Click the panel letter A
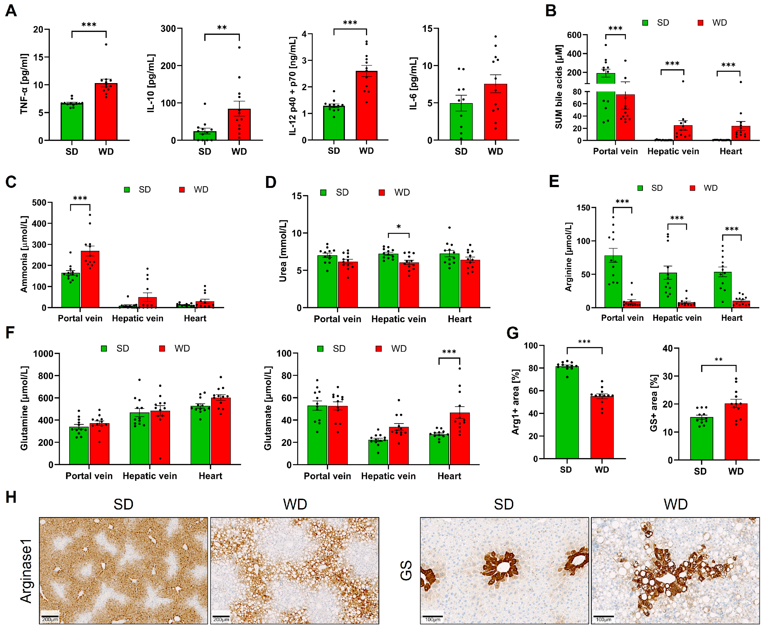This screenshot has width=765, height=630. [11, 11]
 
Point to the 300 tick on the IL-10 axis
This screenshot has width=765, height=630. [169, 29]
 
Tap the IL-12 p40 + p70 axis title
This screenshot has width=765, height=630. [293, 86]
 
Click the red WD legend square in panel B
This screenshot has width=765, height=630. [700, 23]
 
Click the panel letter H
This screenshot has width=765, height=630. [11, 497]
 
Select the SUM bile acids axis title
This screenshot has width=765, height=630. [559, 87]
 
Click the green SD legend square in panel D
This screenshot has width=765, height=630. [323, 192]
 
